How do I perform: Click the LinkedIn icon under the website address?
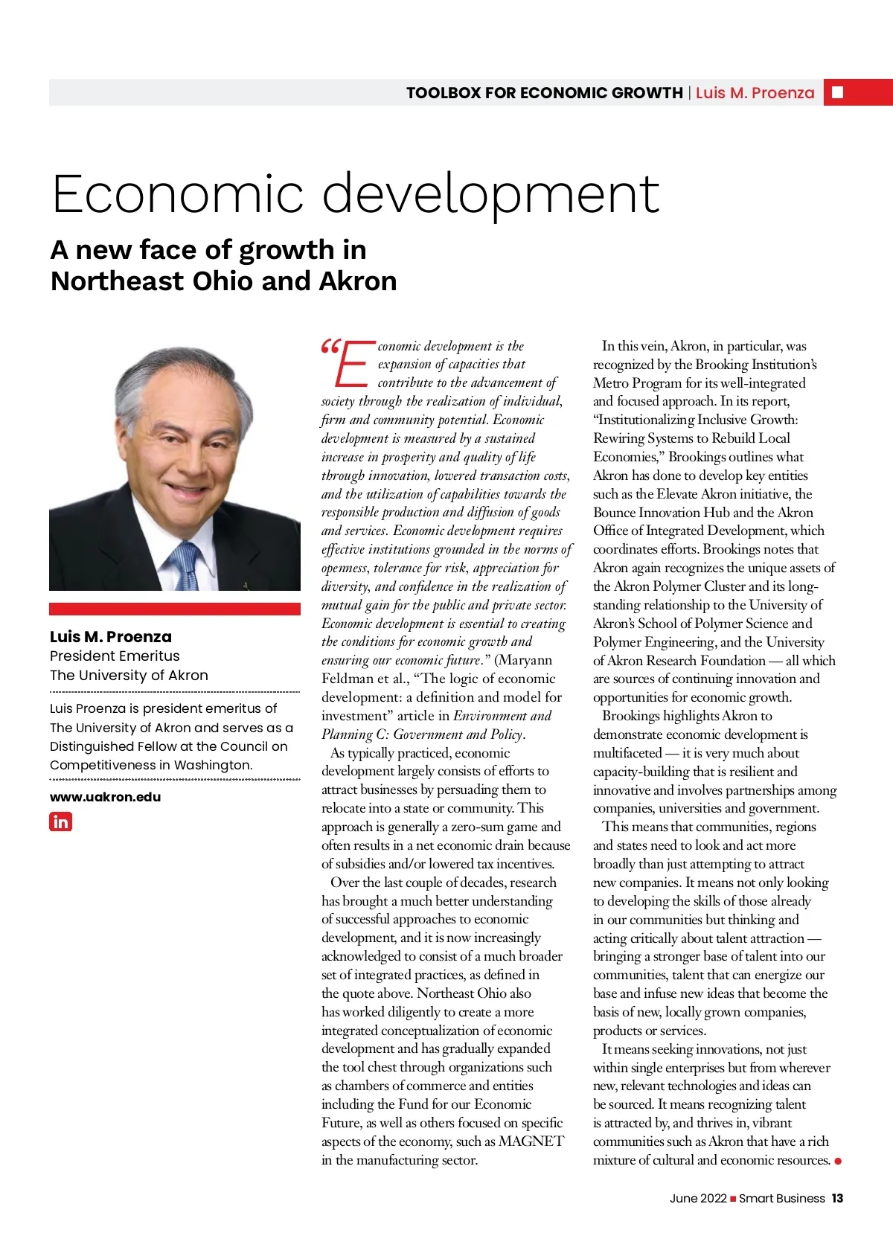tap(60, 822)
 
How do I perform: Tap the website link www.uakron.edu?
tap(105, 797)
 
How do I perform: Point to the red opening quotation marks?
tap(330, 347)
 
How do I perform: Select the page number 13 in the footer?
tap(837, 1198)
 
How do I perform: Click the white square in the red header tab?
tap(837, 92)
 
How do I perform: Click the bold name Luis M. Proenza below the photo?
tap(110, 637)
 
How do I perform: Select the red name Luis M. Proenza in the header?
tap(755, 93)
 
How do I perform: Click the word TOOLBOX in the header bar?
tap(443, 93)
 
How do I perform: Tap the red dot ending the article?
tap(838, 1161)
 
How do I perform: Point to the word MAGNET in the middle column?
tap(531, 1141)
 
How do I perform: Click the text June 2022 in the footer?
tap(697, 1198)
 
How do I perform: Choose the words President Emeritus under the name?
tap(115, 656)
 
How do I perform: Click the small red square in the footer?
tap(733, 1199)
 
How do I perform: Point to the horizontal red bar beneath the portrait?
tap(175, 609)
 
